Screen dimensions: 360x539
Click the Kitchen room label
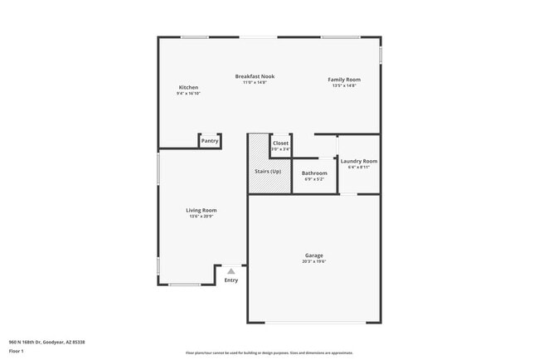pyautogui.click(x=188, y=87)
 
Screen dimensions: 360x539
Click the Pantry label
pyautogui.click(x=210, y=141)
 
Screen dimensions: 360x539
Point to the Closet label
pyautogui.click(x=280, y=143)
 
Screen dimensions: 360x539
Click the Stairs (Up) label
pyautogui.click(x=267, y=172)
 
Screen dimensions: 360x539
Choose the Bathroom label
pyautogui.click(x=314, y=173)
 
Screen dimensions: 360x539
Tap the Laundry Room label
pyautogui.click(x=358, y=161)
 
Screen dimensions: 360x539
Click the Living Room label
pyautogui.click(x=201, y=210)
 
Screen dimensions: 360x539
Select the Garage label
pyautogui.click(x=313, y=255)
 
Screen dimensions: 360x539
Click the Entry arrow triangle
pyautogui.click(x=231, y=271)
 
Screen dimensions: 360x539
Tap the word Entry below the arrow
pyautogui.click(x=231, y=280)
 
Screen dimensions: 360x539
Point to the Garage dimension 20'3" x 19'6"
pyautogui.click(x=313, y=261)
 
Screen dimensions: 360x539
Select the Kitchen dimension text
pyautogui.click(x=188, y=93)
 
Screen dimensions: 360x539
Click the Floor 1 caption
pyautogui.click(x=17, y=351)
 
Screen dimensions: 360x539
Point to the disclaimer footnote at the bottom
pyautogui.click(x=269, y=353)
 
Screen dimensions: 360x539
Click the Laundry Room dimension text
pyautogui.click(x=358, y=167)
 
